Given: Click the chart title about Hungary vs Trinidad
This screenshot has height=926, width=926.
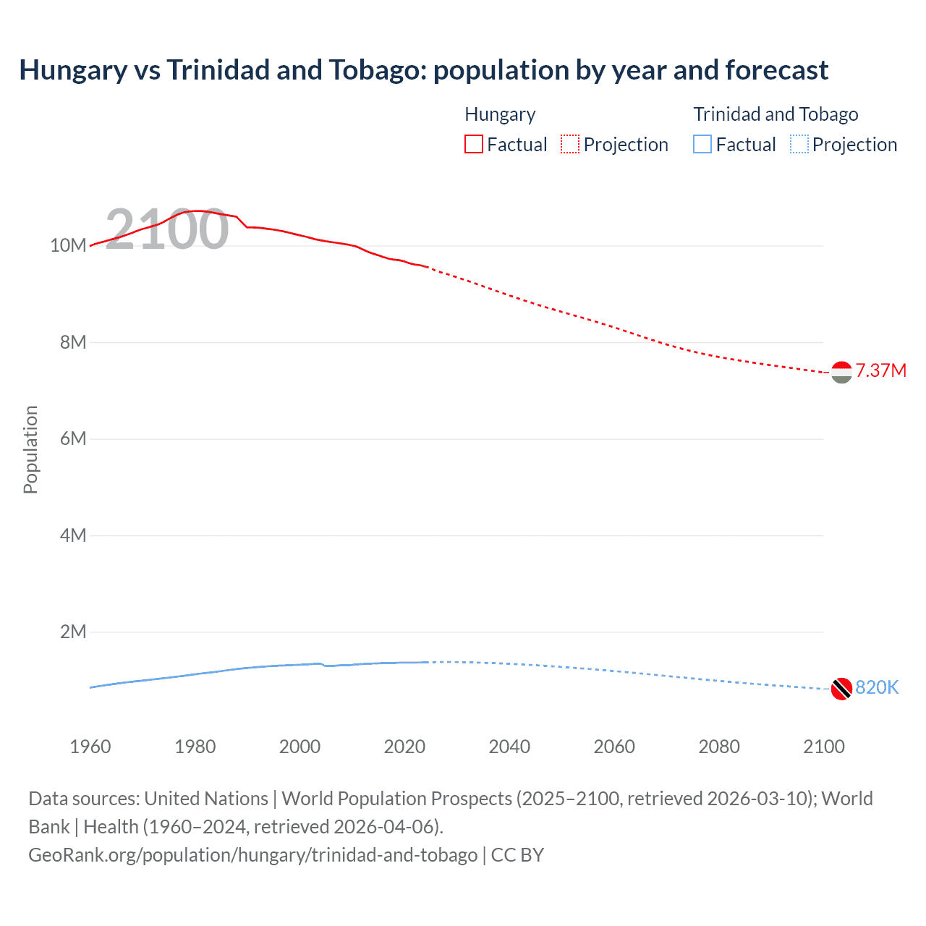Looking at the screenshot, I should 423,70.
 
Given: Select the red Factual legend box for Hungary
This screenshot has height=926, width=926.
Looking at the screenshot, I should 473,144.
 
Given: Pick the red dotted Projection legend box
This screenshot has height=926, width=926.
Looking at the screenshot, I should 570,144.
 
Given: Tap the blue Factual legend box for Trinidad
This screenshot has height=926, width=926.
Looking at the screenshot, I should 702,144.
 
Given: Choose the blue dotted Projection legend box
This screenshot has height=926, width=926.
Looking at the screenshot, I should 799,144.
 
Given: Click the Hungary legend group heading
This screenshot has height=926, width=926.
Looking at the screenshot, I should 500,114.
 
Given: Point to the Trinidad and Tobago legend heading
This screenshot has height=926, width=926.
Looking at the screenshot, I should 776,114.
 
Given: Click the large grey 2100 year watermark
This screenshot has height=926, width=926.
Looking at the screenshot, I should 167,229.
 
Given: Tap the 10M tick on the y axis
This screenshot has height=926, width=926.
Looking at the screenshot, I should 68,245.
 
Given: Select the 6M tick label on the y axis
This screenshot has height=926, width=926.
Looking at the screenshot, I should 72,438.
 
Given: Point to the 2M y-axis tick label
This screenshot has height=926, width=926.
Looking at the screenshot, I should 72,632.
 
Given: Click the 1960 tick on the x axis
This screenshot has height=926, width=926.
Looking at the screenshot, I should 90,747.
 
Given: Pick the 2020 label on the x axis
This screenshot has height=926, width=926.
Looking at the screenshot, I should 404,747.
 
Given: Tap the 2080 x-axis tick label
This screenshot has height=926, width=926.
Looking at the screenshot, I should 719,747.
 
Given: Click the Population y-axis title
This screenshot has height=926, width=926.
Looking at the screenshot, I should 30,449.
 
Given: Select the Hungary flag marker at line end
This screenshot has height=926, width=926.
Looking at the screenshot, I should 841,373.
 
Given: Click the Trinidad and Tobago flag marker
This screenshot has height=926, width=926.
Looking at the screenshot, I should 841,689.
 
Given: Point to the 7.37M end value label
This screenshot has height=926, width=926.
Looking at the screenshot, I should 880,370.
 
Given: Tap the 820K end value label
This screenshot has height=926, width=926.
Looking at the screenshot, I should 877,687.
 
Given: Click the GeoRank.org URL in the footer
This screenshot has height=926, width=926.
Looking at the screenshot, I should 252,854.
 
